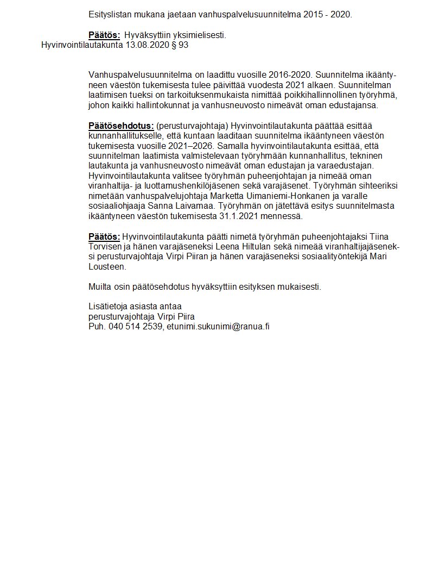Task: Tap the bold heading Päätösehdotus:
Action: click(x=121, y=126)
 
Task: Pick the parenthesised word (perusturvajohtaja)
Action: click(x=192, y=126)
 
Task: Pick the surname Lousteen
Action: click(x=107, y=267)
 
